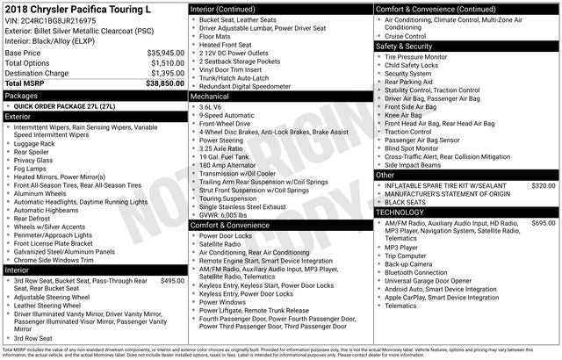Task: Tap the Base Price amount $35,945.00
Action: point(165,53)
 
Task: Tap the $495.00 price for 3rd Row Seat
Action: point(172,281)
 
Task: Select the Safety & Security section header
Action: point(409,46)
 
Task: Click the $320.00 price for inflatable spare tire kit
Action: point(543,186)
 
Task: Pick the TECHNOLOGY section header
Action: point(406,212)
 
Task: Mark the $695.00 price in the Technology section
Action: point(543,223)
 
